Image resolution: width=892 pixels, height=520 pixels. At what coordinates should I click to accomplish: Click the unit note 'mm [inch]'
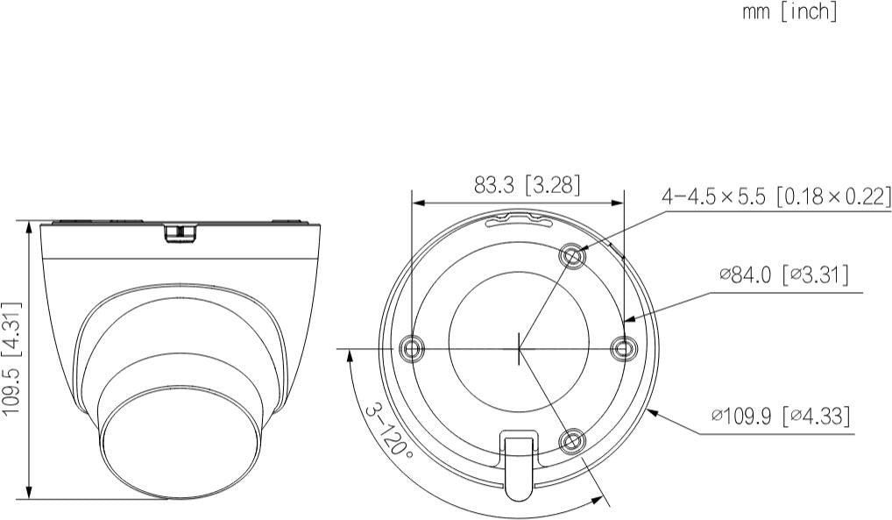coord(789,11)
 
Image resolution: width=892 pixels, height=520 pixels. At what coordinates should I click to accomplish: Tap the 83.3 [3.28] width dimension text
coord(527,184)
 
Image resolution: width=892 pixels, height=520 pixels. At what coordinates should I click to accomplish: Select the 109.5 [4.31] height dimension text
coord(11,360)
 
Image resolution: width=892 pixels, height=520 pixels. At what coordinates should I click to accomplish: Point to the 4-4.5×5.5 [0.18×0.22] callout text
coord(776,196)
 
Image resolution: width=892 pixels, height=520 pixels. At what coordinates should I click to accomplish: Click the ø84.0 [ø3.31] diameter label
coord(784,275)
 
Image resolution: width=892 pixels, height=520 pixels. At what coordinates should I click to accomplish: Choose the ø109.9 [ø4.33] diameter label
coord(781,416)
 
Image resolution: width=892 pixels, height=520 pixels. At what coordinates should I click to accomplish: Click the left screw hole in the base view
coord(411,347)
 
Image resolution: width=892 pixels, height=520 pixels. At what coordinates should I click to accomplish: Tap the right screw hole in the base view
coord(623,347)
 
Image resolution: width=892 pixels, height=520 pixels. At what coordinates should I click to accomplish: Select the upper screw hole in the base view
coord(573,257)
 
